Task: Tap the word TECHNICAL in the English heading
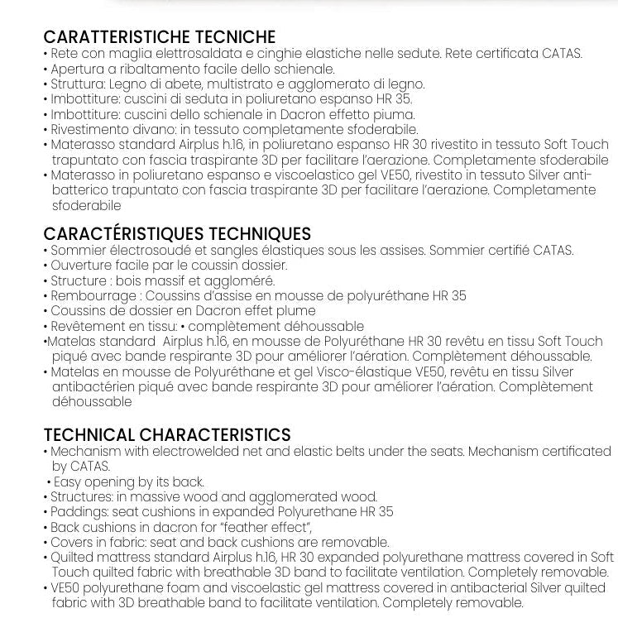(89, 435)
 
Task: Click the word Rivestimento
(88, 129)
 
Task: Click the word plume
(297, 311)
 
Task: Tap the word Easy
(68, 481)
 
